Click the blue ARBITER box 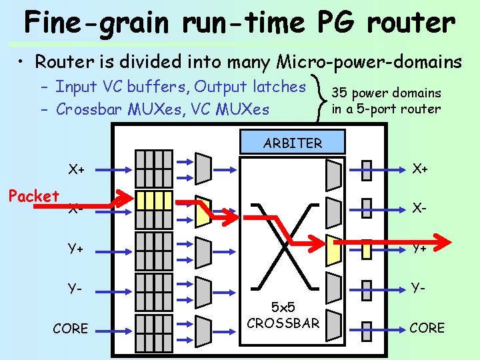(x=293, y=143)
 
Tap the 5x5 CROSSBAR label (x=283, y=316)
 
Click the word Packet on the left (x=33, y=196)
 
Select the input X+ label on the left (x=77, y=169)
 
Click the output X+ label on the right (x=419, y=169)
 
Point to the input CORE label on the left (x=70, y=328)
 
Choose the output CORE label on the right (x=427, y=327)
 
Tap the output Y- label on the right (x=419, y=288)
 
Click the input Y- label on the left (x=74, y=289)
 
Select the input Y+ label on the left (x=75, y=249)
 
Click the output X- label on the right (x=419, y=208)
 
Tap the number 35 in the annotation (x=339, y=93)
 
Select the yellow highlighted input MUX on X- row (x=203, y=208)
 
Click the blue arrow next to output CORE (x=387, y=327)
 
